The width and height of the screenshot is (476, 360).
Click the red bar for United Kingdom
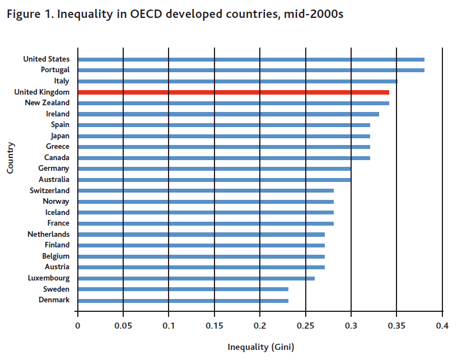tap(233, 92)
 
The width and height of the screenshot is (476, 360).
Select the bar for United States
tap(251, 59)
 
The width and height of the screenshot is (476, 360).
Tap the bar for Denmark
tap(183, 301)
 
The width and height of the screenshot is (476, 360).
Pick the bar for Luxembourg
tap(196, 278)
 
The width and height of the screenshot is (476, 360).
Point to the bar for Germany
tap(214, 169)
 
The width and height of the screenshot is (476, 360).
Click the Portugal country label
tap(55, 70)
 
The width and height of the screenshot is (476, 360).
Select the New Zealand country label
tap(48, 103)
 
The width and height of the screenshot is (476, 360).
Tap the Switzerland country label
tap(50, 190)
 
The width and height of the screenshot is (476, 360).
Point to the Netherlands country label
tap(49, 234)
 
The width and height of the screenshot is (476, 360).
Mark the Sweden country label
tap(57, 289)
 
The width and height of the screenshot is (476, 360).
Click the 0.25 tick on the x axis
tap(305, 325)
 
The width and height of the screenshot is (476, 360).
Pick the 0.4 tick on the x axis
tap(442, 325)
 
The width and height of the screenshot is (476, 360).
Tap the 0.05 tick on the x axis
tap(123, 325)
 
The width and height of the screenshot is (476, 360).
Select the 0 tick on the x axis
tap(78, 325)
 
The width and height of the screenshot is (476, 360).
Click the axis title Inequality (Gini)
tap(260, 347)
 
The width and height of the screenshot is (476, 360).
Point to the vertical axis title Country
tap(11, 157)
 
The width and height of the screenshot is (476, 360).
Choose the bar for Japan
tap(224, 136)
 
